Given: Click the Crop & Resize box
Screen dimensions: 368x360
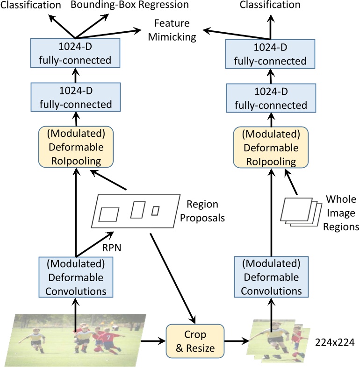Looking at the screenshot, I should (x=195, y=341).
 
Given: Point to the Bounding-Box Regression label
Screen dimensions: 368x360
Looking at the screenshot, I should (x=130, y=5).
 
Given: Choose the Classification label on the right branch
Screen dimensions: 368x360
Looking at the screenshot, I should (x=270, y=5).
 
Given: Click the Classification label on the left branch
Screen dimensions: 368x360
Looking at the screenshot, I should (x=30, y=5).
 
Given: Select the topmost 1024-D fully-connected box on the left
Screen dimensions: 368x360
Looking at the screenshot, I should (x=75, y=54).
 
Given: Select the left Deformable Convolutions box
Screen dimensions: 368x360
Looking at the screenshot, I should (x=75, y=277).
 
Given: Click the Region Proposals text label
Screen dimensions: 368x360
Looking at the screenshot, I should (x=202, y=211).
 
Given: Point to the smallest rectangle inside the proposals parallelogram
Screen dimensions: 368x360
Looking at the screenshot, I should (x=155, y=211).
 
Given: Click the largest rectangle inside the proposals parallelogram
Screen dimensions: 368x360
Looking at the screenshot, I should (x=109, y=214).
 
